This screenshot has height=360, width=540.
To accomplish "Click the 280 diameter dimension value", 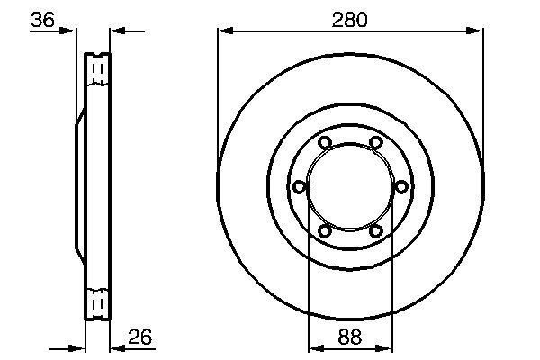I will point(350,19).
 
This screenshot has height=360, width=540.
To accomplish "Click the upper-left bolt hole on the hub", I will point(325,142).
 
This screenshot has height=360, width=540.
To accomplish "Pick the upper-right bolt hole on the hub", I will point(375,142).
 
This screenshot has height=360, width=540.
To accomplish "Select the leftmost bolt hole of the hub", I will point(300,186).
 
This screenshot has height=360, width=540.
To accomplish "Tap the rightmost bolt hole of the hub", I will point(400,186).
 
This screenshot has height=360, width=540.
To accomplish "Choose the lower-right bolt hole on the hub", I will point(375,230).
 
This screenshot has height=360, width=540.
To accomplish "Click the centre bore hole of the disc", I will point(350,186).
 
